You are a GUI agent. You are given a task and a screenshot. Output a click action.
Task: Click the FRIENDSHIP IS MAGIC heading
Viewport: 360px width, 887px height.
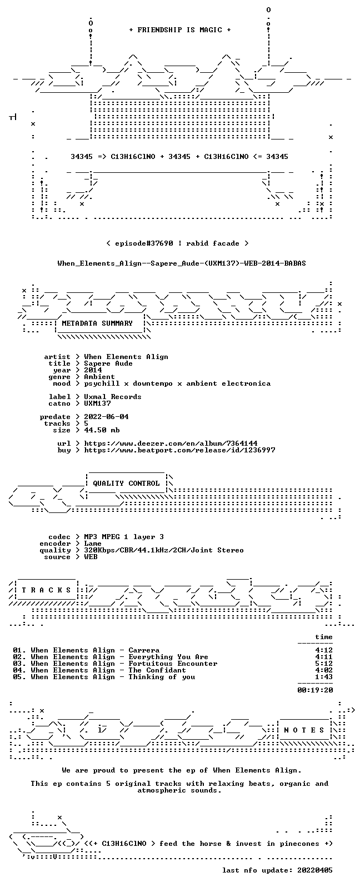[180, 30]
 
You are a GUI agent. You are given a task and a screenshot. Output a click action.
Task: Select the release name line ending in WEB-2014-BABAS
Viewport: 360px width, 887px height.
[181, 263]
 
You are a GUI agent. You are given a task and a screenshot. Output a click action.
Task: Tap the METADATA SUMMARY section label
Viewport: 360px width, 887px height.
[97, 323]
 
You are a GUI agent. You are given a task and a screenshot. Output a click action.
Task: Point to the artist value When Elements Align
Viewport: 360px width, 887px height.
[126, 357]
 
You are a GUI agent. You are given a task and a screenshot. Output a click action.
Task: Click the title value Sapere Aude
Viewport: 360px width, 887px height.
[108, 363]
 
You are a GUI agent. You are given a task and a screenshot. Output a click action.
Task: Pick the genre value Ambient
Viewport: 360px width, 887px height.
[99, 377]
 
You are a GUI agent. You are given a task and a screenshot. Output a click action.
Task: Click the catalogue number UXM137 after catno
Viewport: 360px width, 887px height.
[97, 403]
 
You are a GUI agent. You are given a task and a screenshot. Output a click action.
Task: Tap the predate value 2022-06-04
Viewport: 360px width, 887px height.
[106, 417]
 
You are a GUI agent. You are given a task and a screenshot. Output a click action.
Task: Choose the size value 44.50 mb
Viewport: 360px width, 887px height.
[101, 430]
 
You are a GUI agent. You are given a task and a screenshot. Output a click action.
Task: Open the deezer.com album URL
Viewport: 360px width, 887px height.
[171, 443]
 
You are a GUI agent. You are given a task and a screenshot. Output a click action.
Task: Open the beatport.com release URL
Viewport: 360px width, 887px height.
[179, 450]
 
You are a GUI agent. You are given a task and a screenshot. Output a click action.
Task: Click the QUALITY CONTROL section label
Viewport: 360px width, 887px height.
[126, 484]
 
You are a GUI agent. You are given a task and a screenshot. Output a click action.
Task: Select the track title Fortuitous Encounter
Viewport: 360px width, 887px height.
[173, 664]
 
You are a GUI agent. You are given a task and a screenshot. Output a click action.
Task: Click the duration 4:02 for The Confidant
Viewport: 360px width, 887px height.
[324, 670]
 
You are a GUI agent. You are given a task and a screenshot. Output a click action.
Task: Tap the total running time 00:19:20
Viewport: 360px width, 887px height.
[315, 690]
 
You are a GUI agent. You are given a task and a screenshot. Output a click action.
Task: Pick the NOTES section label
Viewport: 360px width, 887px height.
[304, 730]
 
